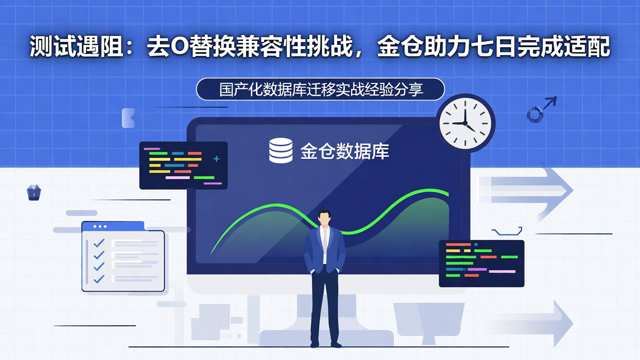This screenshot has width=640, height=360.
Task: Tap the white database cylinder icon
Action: (281, 151)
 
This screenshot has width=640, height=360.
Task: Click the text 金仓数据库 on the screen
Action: (344, 152)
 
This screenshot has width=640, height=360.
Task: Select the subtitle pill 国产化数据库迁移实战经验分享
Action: (320, 89)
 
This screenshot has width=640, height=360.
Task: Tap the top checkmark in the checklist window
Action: (99, 243)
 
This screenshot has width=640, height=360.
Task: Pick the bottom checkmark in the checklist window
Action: (99, 279)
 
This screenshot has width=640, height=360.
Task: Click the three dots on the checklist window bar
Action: (100, 227)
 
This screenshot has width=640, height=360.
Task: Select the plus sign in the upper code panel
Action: (216, 159)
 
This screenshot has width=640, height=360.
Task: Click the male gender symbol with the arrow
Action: (540, 109)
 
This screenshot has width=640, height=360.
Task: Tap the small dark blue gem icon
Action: (34, 192)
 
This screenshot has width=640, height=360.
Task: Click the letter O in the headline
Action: (179, 48)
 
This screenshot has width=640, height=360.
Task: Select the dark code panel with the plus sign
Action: (183, 165)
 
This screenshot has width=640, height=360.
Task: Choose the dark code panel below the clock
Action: (481, 263)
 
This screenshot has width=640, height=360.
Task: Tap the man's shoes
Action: (325, 344)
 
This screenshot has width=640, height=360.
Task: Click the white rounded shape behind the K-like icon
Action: (128, 118)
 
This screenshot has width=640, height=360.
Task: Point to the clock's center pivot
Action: (465, 123)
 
